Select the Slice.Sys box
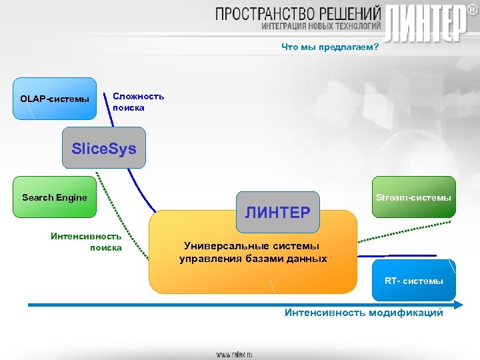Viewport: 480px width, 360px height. tap(103, 148)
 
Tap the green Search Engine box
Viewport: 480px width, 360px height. tap(55, 197)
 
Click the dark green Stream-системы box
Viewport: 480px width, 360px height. tap(413, 197)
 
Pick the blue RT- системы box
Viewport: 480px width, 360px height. tap(413, 281)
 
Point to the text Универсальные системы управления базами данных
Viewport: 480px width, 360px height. tap(253, 253)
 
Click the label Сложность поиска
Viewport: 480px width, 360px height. tap(138, 101)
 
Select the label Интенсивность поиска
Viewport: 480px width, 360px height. tap(86, 241)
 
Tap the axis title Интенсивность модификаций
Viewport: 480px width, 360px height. tap(363, 313)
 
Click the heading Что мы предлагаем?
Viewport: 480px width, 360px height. tap(330, 47)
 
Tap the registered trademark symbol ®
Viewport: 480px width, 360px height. tap(472, 9)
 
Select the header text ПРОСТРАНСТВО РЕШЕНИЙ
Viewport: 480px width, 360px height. tap(298, 13)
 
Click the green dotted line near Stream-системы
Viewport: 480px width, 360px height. tap(407, 233)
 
